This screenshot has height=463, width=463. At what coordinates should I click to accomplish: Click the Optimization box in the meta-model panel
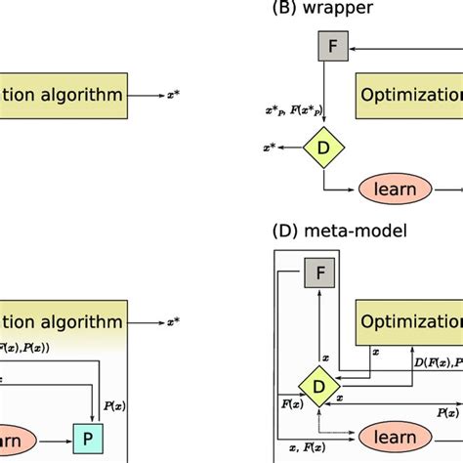(x=408, y=320)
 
